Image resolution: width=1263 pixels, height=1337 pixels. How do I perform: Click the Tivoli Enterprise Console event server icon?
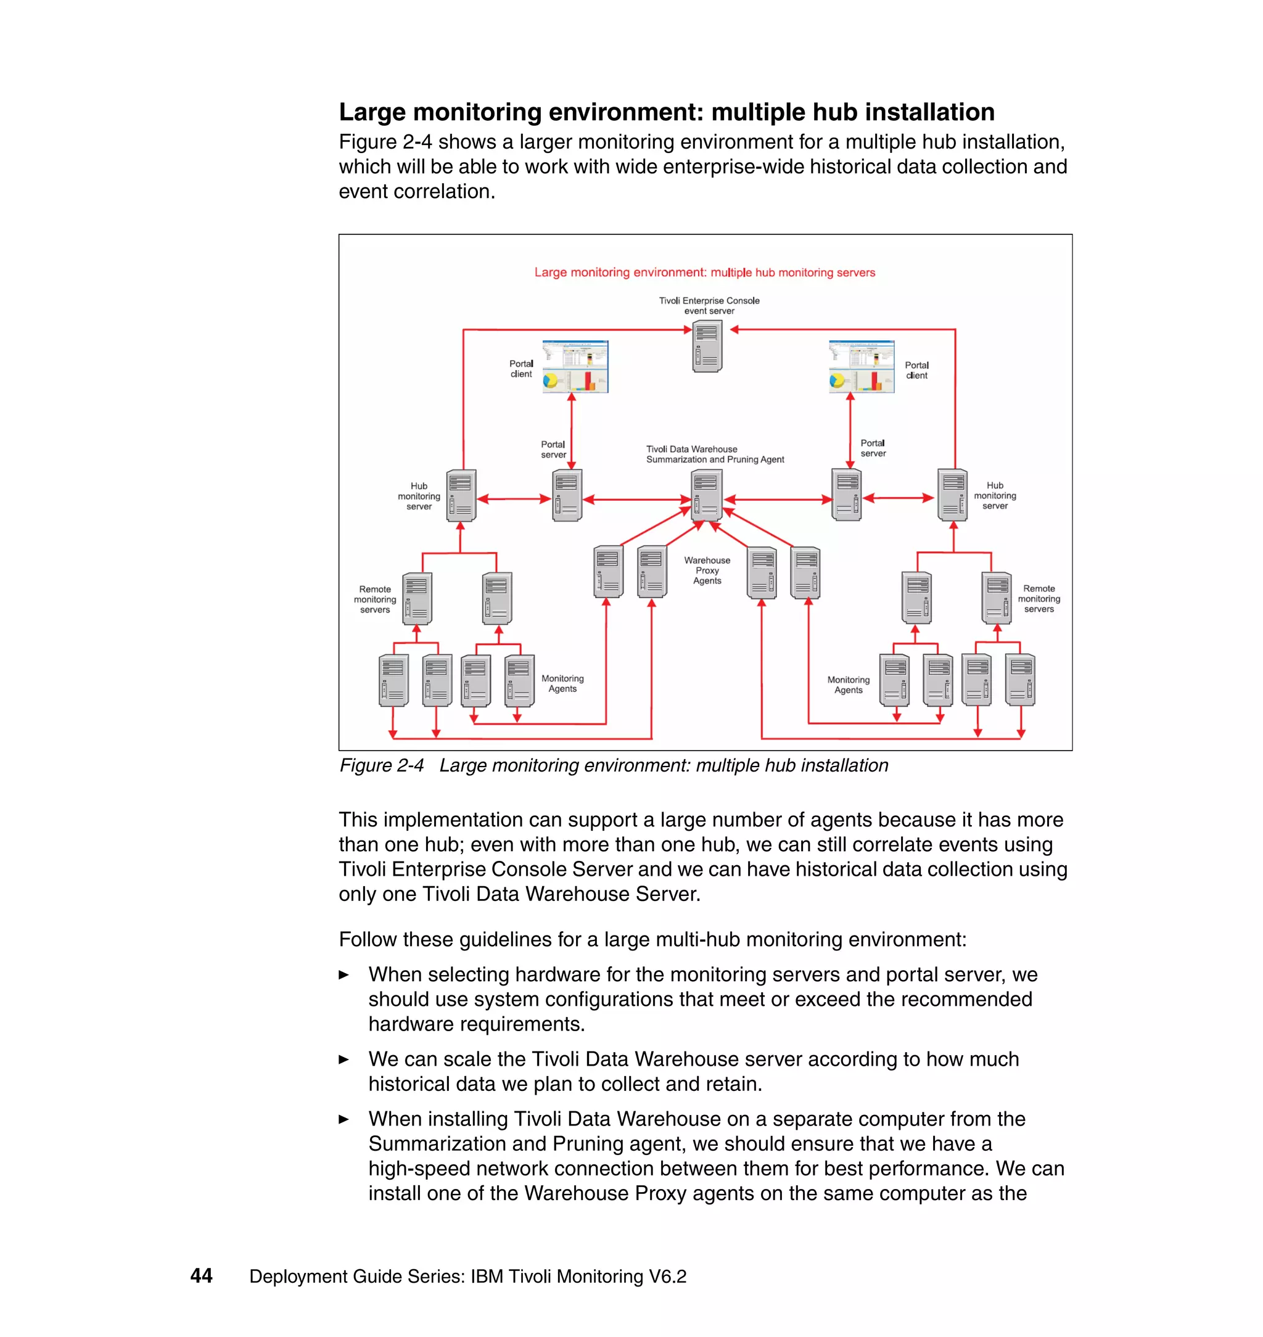[707, 346]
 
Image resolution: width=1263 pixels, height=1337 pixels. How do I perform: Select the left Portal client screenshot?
[575, 366]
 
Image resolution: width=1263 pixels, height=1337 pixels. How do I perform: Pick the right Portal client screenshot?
[861, 366]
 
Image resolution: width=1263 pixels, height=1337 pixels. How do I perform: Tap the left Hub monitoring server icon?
[461, 495]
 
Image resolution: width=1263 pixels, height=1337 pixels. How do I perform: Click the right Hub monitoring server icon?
[953, 495]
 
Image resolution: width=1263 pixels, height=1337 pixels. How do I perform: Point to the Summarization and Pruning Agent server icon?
[706, 495]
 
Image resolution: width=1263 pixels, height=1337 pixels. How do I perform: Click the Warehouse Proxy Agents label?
[707, 570]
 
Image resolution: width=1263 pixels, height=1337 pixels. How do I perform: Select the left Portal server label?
[553, 449]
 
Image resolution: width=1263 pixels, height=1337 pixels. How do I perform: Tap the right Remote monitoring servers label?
[1039, 598]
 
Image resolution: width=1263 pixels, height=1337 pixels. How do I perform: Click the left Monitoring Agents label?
[562, 683]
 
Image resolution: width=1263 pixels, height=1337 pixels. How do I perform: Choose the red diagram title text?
[704, 272]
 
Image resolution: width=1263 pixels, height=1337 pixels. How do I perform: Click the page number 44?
[201, 1275]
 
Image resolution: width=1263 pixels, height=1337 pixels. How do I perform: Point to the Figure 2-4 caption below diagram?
[614, 765]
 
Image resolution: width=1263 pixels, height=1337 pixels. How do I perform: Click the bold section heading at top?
[666, 112]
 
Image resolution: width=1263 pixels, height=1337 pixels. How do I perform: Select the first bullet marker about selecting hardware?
[344, 974]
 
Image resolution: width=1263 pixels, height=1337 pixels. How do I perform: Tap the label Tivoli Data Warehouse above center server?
[691, 449]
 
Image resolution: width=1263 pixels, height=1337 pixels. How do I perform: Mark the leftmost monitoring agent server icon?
[393, 680]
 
